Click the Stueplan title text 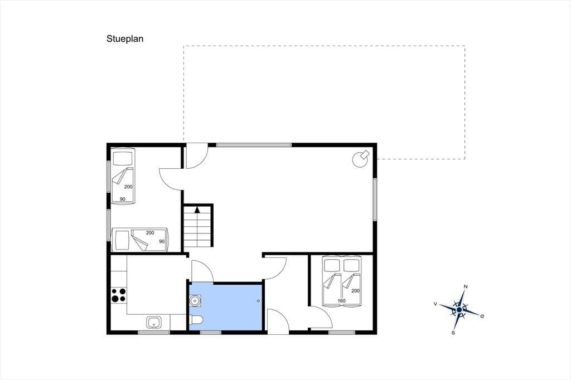(x=125, y=39)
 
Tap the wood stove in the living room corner (x=361, y=158)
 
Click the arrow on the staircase (x=197, y=210)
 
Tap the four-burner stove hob (x=118, y=295)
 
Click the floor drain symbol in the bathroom (x=258, y=301)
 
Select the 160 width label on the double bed (x=341, y=301)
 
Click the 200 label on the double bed (x=355, y=291)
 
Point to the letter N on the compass (x=466, y=287)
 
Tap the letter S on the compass (x=453, y=332)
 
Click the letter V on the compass (x=435, y=304)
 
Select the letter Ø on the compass (x=482, y=316)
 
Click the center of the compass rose (x=459, y=310)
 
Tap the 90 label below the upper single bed (x=123, y=199)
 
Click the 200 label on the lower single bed (x=150, y=233)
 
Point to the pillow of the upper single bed (x=122, y=158)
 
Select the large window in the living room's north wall (x=254, y=145)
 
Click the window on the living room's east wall (x=374, y=199)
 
